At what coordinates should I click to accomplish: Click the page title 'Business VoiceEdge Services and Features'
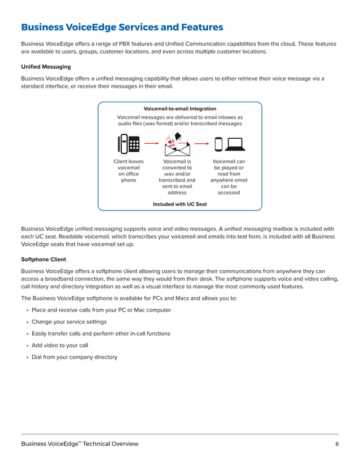coord(122,27)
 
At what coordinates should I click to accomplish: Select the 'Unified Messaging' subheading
coord(46,67)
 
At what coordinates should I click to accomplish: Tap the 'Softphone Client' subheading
coord(43,260)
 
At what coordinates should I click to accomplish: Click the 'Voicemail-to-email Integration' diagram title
coord(180,108)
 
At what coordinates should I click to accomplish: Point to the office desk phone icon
coord(129,144)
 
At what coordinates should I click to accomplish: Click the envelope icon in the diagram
coord(177,144)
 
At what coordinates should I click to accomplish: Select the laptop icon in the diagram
coord(234,144)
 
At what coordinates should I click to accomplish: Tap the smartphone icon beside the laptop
coord(219,144)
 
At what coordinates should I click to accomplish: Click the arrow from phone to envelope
coord(152,144)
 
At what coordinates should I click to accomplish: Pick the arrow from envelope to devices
coord(202,144)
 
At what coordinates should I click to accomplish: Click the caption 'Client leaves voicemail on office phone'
coord(129,171)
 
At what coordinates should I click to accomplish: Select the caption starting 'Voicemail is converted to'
coord(177,177)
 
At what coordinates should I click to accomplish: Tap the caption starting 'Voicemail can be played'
coord(229,177)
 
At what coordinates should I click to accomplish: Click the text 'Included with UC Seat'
coord(180,204)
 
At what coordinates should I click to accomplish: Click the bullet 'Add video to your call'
coord(60,345)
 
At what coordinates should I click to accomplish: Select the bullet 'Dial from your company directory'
coord(74,357)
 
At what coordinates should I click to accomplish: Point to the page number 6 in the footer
coord(336,444)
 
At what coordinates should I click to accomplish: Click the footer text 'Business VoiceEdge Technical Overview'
coord(80,444)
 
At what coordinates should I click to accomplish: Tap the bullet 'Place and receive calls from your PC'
coord(101,310)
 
